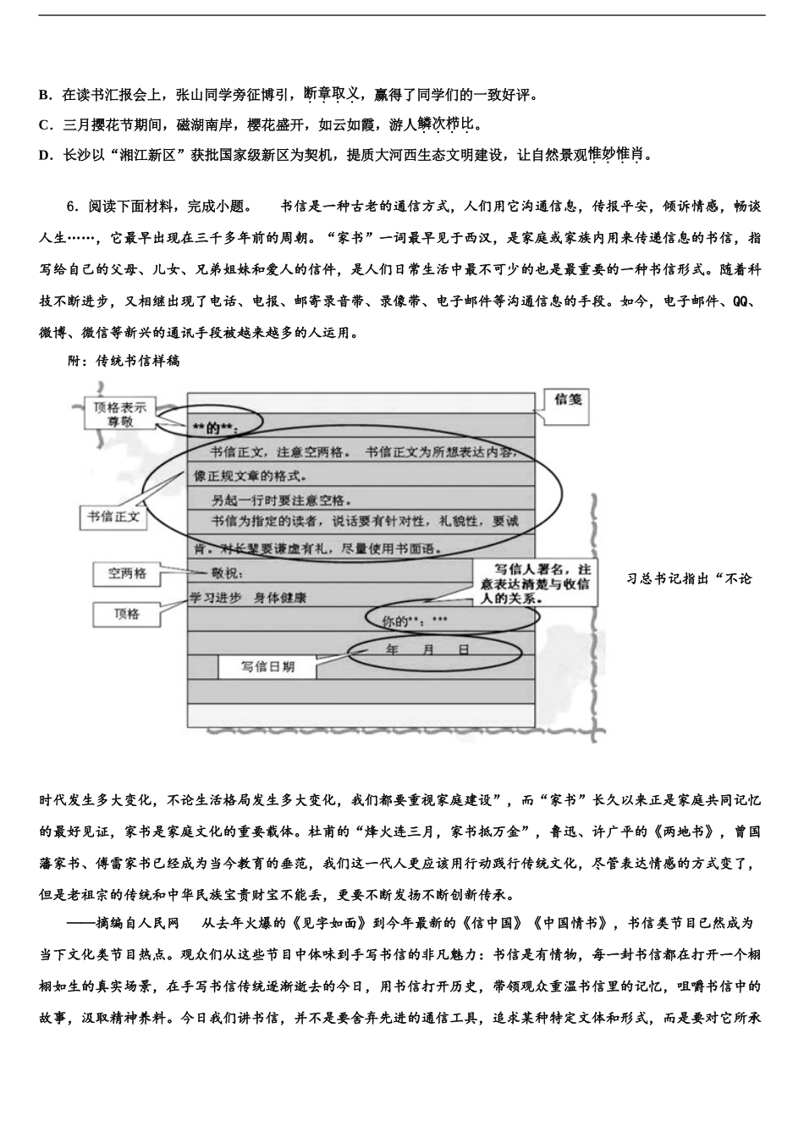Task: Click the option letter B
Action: pos(44,95)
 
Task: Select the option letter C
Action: pos(44,125)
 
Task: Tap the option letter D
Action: pos(44,155)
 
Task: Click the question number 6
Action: pos(71,206)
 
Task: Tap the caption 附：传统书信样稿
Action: pos(124,360)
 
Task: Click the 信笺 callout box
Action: pos(568,400)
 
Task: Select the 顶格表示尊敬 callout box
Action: pos(119,415)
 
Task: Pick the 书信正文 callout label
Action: pos(113,517)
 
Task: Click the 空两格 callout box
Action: pos(128,574)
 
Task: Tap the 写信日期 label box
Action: pos(267,667)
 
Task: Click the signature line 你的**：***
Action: pos(415,621)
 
